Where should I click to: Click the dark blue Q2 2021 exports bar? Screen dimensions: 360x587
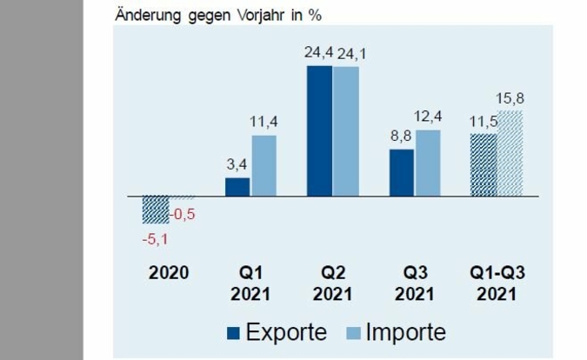[x=319, y=130]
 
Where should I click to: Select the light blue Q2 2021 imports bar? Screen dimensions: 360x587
[x=345, y=131]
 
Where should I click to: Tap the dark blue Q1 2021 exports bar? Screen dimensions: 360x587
[x=237, y=187]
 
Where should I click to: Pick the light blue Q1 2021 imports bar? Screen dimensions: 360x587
[x=263, y=165]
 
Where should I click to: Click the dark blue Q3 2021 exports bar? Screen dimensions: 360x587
[x=402, y=173]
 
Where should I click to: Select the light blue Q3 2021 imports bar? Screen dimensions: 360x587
[x=428, y=163]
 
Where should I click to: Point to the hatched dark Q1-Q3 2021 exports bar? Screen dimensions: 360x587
[x=484, y=165]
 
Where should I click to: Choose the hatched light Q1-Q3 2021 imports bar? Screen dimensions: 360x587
[x=510, y=154]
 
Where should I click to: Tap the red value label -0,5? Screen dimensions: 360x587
[x=182, y=214]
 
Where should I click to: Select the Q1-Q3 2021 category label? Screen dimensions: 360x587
[x=496, y=283]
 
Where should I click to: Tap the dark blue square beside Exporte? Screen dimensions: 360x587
[x=233, y=333]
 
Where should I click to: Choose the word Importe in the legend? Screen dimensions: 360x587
[x=404, y=332]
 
